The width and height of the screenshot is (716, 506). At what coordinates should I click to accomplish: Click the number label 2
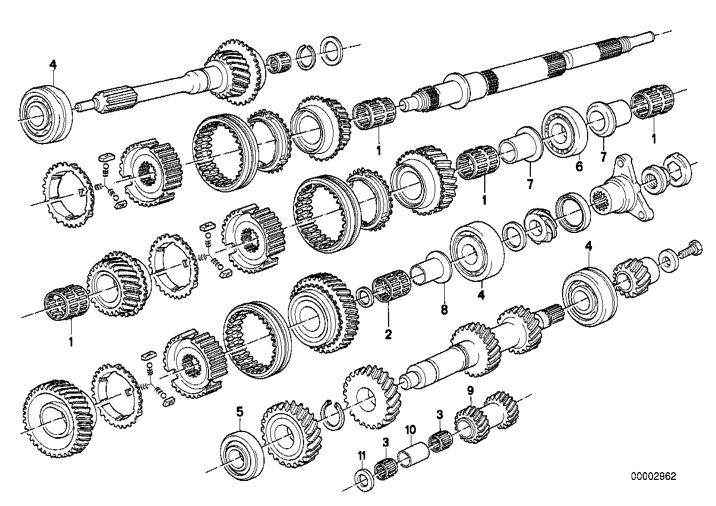point(387,334)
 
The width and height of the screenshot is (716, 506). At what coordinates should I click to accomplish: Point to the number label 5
point(240,412)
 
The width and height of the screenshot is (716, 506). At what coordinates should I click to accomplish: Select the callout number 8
point(444,310)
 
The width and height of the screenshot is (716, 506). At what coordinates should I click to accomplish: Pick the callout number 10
point(411,429)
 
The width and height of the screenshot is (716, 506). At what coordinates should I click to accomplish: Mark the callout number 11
point(362,455)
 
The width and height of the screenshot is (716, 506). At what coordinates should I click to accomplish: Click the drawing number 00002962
point(654,477)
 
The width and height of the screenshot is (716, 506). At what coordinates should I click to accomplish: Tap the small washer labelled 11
point(363,478)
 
